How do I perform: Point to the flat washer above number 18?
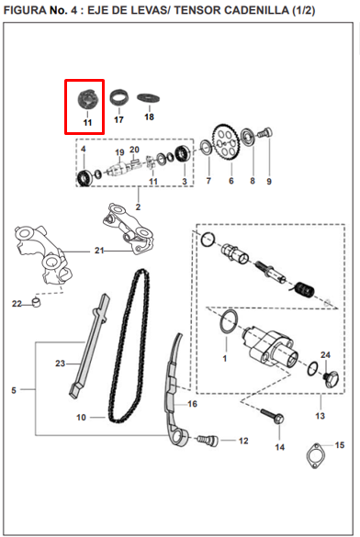pos(147,97)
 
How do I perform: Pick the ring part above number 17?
pos(118,95)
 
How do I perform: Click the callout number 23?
pos(60,364)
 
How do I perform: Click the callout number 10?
pos(81,417)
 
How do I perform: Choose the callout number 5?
pos(13,390)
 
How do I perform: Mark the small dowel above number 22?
pos(36,300)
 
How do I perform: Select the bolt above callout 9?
pos(267,134)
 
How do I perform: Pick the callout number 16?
pos(192,403)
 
